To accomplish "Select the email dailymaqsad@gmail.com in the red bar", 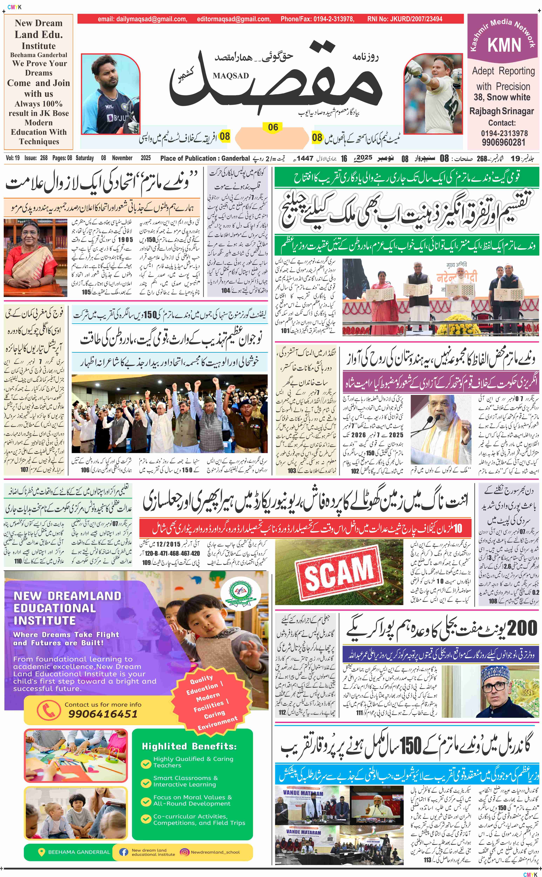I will pyautogui.click(x=142, y=19).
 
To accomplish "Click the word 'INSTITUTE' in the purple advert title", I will pyautogui.click(x=45, y=620).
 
